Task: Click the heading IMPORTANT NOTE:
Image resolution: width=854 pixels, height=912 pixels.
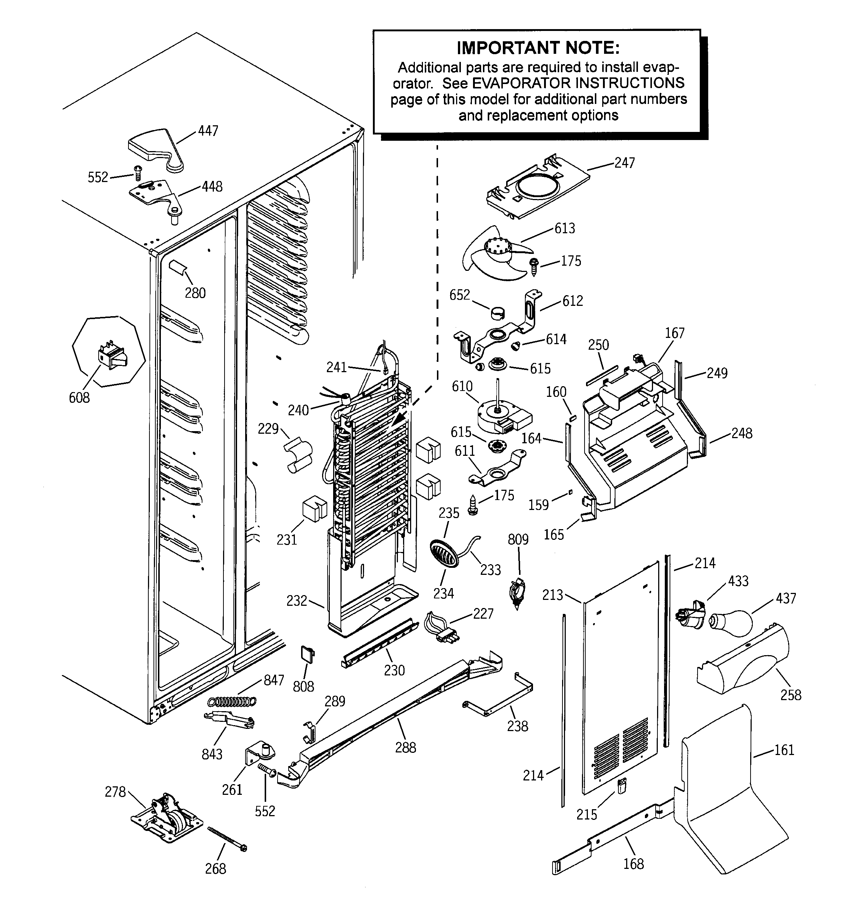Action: (538, 48)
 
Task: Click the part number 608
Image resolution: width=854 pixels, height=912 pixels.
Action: (79, 398)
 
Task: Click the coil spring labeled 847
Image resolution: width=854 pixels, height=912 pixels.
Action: (232, 701)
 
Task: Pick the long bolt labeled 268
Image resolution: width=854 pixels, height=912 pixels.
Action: (227, 839)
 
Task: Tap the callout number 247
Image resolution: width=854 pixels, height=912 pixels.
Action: (624, 163)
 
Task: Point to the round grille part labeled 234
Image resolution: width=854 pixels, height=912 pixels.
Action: (444, 554)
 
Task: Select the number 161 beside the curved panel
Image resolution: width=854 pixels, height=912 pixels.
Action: (784, 750)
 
